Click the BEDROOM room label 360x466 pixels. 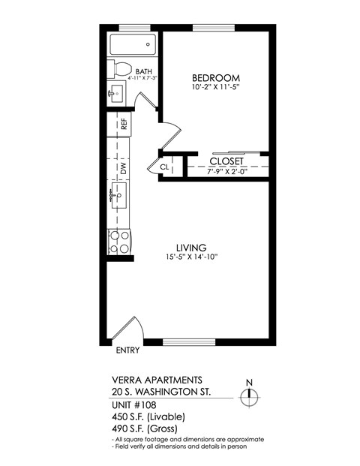(x=215, y=78)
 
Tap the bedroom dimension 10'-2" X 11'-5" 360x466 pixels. (x=215, y=89)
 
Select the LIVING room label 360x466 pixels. (x=191, y=247)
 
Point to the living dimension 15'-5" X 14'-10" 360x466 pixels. (x=191, y=257)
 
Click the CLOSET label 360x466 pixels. (x=226, y=161)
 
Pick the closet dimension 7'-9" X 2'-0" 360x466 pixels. (x=226, y=172)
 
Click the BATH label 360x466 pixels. (x=144, y=72)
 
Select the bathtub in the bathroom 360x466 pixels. (x=134, y=44)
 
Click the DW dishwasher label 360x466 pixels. (x=124, y=170)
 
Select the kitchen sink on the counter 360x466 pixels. (x=118, y=198)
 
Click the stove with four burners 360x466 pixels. (x=118, y=242)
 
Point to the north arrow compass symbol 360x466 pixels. (x=250, y=396)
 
